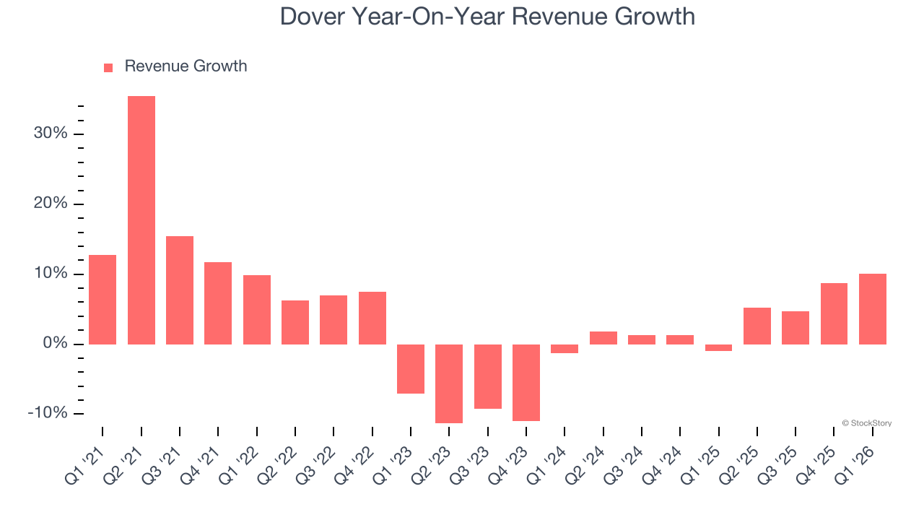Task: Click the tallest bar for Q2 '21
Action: pos(141,220)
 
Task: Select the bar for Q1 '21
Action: pos(103,299)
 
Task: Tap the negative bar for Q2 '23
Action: pos(449,383)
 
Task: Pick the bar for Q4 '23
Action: pos(526,382)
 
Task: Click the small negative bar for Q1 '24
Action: pos(565,349)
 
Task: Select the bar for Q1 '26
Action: pos(873,309)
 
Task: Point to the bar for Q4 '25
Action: pos(834,313)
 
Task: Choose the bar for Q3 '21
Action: pos(180,290)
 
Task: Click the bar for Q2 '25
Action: pos(757,326)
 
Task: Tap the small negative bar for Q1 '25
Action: pos(718,347)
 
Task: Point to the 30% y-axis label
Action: pos(51,134)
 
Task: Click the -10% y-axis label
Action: pos(48,413)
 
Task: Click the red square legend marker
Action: pos(108,67)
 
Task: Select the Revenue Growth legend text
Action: pos(186,66)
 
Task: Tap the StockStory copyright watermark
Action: pos(866,423)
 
